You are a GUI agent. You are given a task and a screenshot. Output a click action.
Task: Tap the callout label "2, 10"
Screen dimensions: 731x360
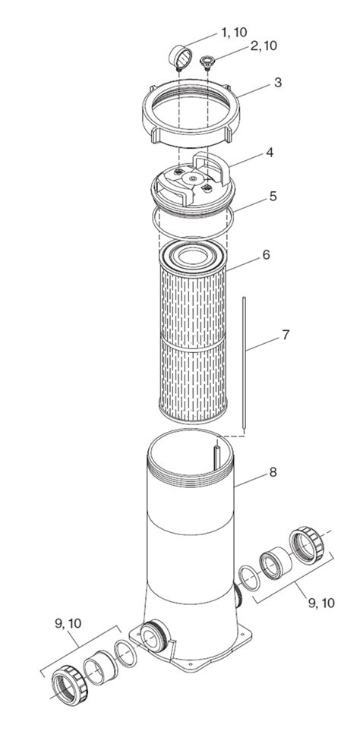pyautogui.click(x=260, y=46)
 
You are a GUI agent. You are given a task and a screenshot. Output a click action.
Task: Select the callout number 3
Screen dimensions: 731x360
pyautogui.click(x=277, y=82)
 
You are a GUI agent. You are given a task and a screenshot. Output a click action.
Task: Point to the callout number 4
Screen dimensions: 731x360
pyautogui.click(x=268, y=153)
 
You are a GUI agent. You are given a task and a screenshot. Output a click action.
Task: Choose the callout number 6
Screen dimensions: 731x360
pyautogui.click(x=266, y=254)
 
